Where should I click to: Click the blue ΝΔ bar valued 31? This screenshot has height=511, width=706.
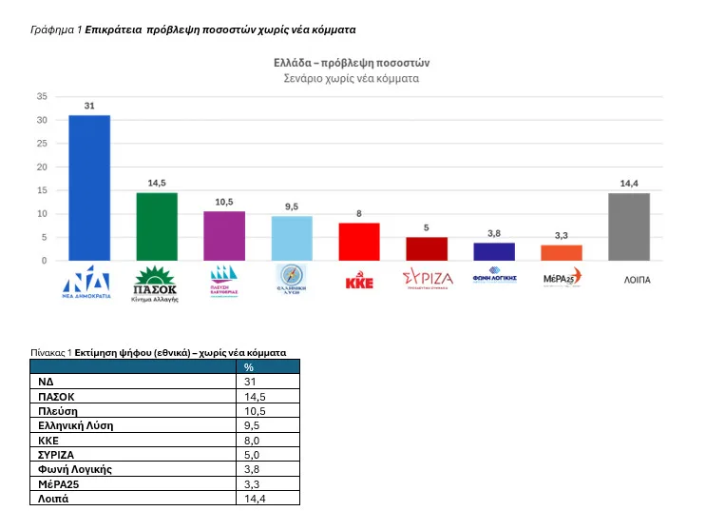click(x=88, y=187)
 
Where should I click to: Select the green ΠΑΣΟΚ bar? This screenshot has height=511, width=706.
click(x=157, y=226)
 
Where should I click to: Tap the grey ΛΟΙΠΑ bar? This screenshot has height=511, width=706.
click(x=629, y=226)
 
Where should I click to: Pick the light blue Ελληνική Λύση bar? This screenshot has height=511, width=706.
click(x=292, y=238)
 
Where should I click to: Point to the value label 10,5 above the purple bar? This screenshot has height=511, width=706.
click(x=224, y=203)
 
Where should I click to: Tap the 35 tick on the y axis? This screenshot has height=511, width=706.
click(x=42, y=96)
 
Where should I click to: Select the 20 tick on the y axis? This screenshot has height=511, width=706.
click(x=42, y=167)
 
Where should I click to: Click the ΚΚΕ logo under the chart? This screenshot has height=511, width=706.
click(x=359, y=282)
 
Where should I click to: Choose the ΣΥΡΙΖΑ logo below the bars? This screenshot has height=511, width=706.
click(x=427, y=279)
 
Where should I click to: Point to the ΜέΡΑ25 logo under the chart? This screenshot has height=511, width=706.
click(x=562, y=279)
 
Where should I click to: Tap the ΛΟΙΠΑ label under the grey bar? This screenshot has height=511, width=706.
click(x=629, y=281)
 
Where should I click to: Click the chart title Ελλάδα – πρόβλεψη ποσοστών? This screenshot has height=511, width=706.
click(x=352, y=63)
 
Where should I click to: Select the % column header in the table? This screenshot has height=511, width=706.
click(x=249, y=367)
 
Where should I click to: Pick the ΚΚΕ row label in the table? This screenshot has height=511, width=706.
click(x=49, y=440)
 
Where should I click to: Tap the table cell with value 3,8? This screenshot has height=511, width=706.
click(x=253, y=468)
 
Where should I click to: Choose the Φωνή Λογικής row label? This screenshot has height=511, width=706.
click(x=75, y=468)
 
